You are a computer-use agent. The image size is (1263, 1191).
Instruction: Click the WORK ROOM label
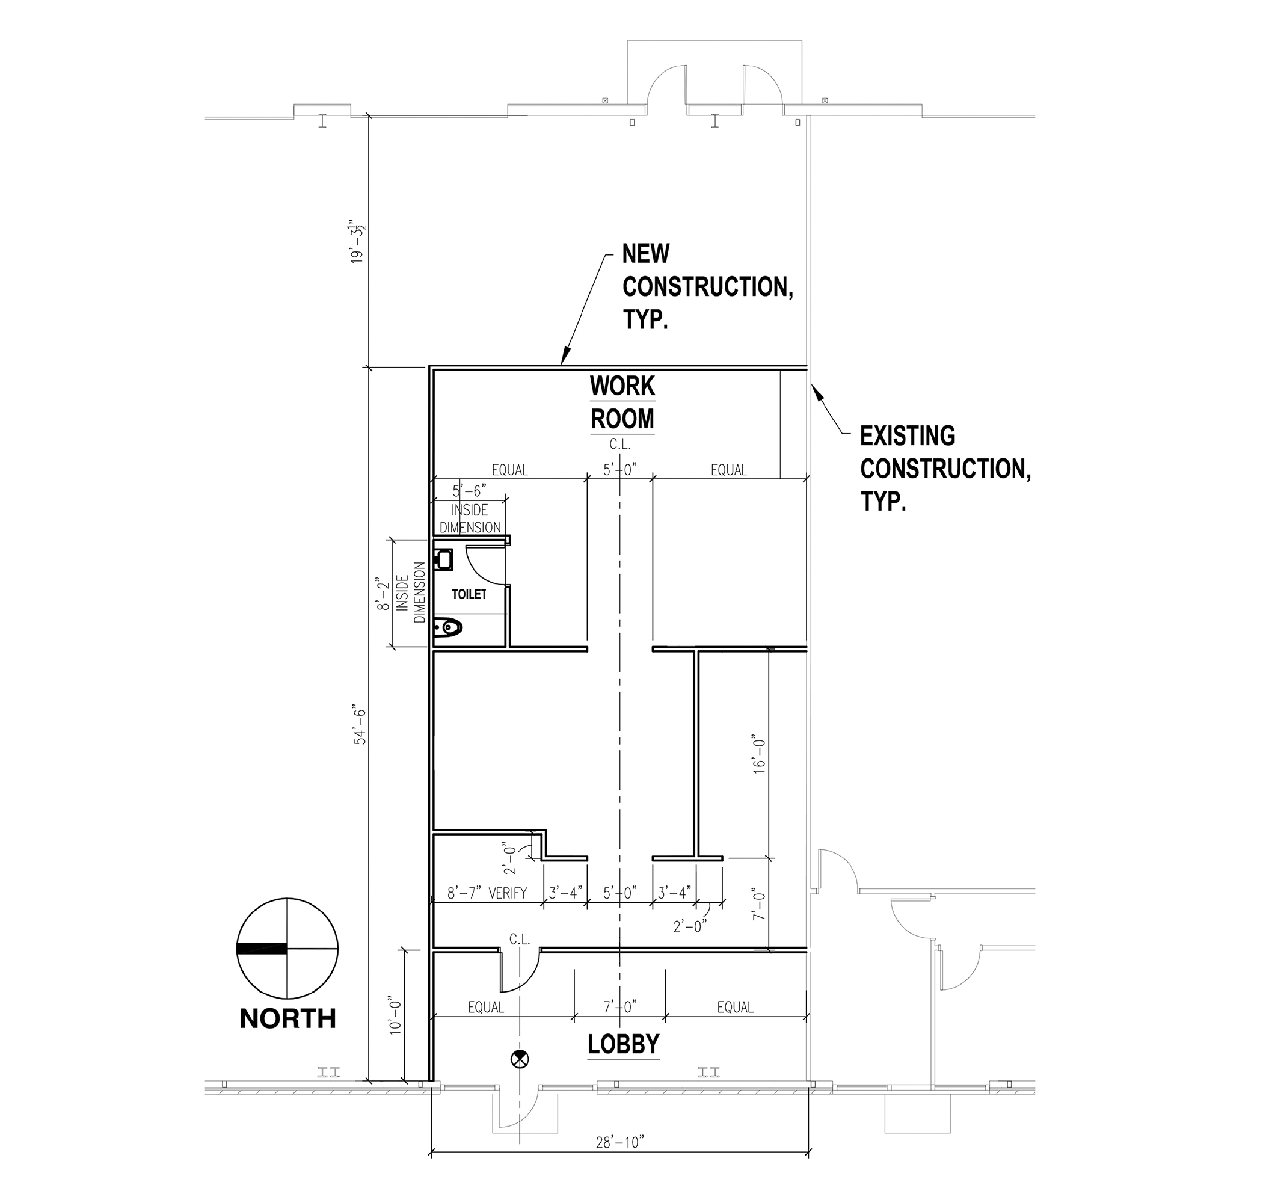coord(622,403)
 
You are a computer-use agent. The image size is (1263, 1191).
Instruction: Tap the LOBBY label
coord(623,1044)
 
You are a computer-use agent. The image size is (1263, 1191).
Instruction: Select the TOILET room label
coord(469,594)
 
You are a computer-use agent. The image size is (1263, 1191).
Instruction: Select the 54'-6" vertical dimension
coord(361,725)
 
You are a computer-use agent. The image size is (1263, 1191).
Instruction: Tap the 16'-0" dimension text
coord(759,755)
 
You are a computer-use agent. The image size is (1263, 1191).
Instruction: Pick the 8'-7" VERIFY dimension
coord(487,893)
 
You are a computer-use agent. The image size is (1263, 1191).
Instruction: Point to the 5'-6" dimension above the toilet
coord(469,491)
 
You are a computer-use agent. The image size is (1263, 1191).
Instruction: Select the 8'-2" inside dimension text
coord(382,594)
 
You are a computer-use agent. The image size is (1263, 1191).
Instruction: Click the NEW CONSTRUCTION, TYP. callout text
coord(708,287)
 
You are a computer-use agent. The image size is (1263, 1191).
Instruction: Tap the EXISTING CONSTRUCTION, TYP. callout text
coord(945,469)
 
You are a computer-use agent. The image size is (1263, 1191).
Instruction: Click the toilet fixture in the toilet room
coord(449,629)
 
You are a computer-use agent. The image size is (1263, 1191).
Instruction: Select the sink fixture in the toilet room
coord(443,560)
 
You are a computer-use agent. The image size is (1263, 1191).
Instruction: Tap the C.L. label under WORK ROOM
coord(620,445)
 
